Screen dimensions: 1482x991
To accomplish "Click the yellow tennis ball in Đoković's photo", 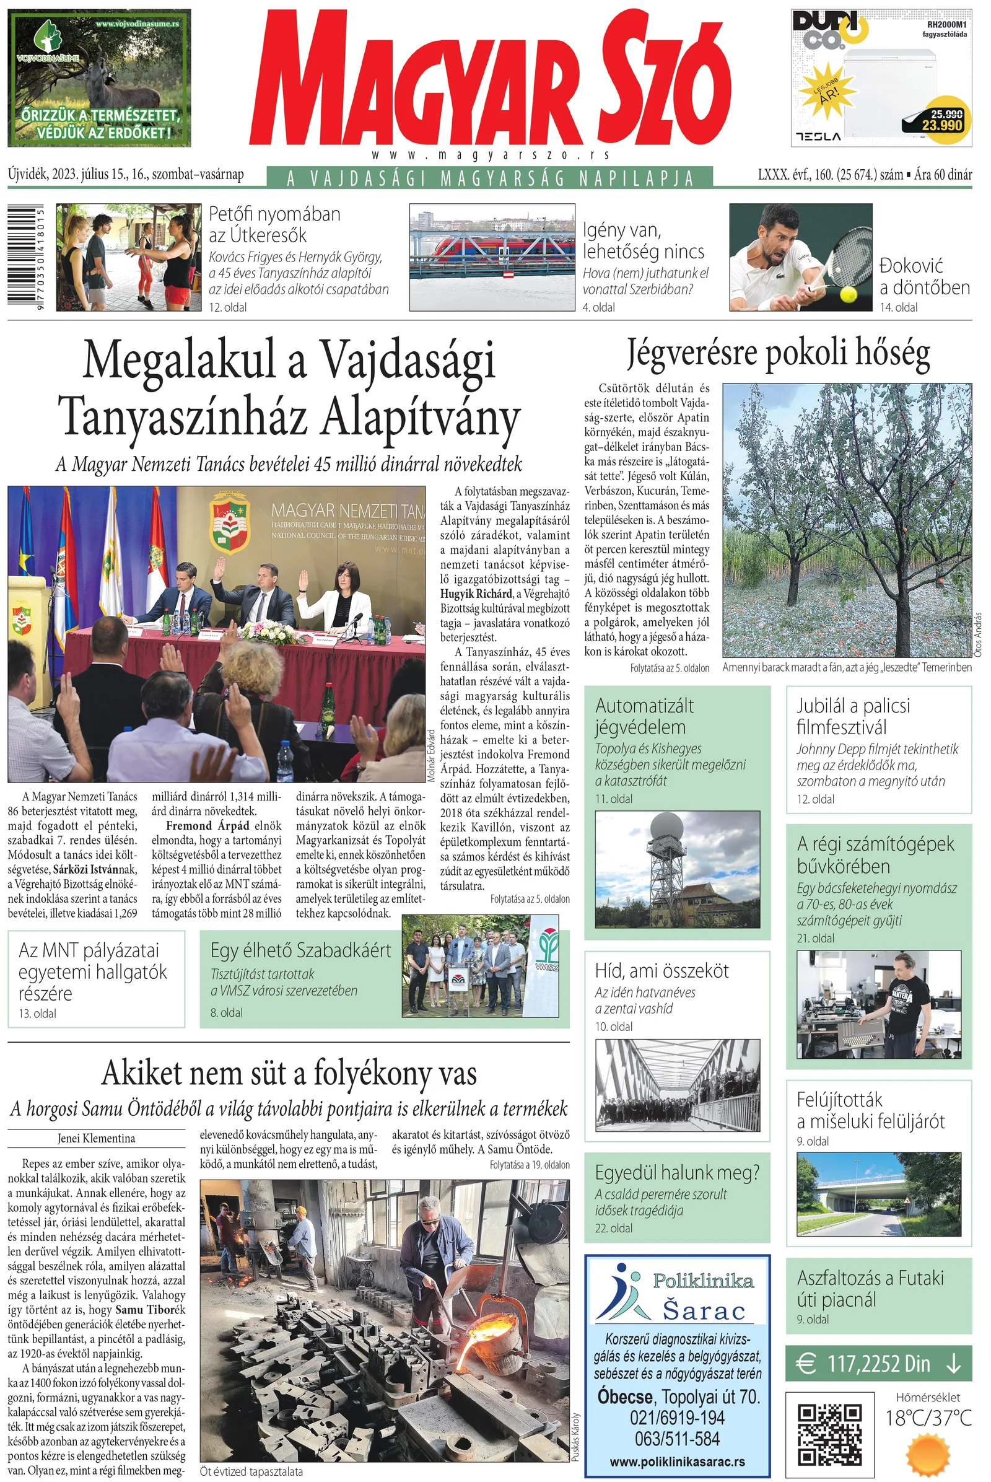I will point(848,294).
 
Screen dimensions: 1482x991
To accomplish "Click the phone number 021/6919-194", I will point(677,1417).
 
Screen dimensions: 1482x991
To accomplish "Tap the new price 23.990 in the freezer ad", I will point(941,125).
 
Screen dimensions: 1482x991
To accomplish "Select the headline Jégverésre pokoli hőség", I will point(778,352).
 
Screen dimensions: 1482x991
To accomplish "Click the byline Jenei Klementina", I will point(96,1138).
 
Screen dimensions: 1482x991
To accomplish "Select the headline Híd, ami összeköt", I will point(661,970).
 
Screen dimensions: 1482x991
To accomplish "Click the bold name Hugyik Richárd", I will point(476,594).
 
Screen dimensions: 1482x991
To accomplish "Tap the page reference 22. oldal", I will point(613,1228).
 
